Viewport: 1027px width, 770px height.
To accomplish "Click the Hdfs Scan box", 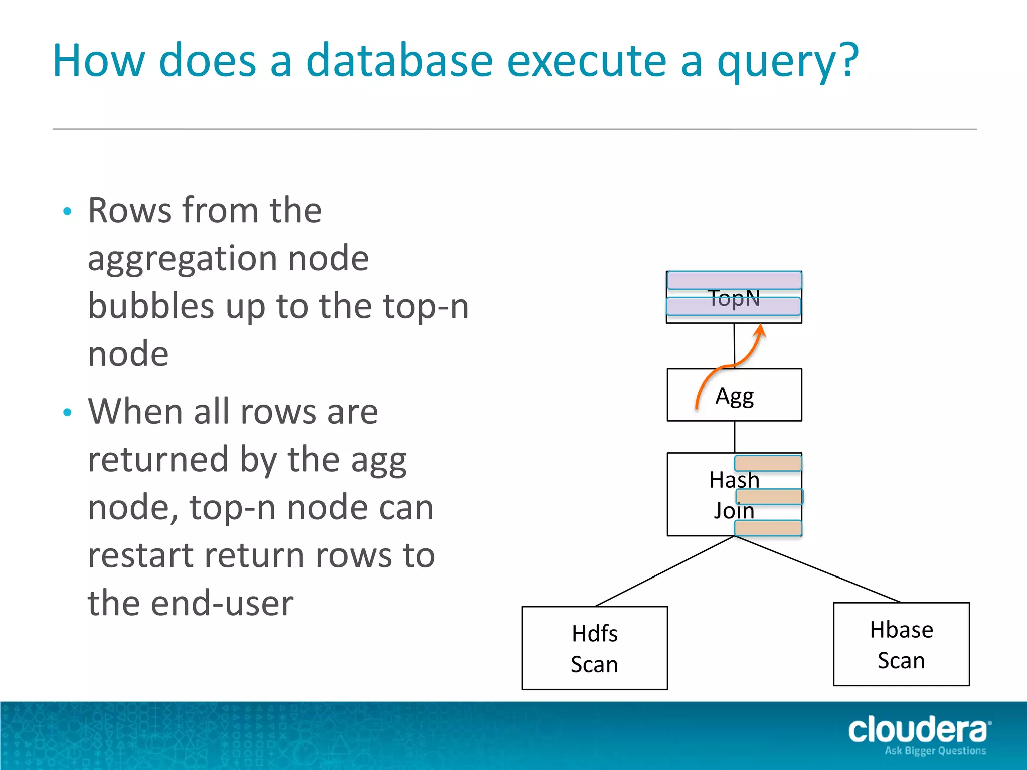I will pos(594,648).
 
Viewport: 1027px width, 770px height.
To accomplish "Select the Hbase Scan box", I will pos(901,644).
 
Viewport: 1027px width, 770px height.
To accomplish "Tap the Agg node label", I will pos(735,396).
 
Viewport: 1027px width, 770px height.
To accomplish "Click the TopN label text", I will pos(734,298).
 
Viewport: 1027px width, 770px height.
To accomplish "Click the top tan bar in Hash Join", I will pos(768,463).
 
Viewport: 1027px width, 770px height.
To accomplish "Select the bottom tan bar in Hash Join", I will pos(768,528).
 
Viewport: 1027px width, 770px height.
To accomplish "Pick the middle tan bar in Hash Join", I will pos(769,496).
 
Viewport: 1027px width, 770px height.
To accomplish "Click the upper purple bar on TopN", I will pos(734,280).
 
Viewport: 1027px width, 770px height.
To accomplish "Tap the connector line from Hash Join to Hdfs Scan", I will pos(664,571).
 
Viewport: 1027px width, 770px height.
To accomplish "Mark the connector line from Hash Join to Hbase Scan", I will pos(817,569).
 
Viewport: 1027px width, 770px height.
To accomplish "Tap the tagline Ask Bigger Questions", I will pos(935,751).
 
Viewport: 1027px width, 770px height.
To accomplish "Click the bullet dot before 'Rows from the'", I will pos(68,211).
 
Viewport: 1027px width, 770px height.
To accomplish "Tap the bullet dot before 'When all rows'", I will pos(68,413).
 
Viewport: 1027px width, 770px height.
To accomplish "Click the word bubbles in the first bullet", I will pos(150,306).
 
